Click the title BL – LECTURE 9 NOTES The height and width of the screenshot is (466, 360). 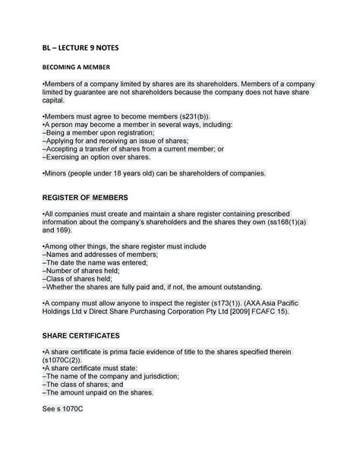tap(80, 48)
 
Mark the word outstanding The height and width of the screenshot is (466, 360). tap(235, 287)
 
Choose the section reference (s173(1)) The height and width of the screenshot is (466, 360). tap(217, 302)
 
